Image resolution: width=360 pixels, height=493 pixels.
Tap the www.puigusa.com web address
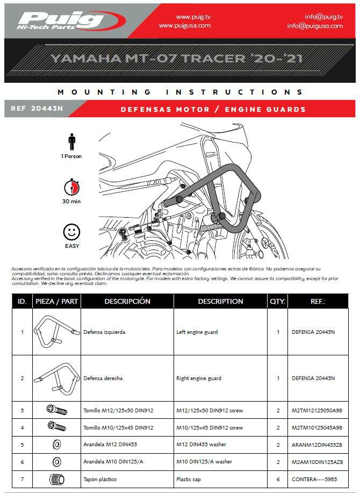pos(185,25)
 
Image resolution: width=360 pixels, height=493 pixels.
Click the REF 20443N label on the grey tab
pos(37,109)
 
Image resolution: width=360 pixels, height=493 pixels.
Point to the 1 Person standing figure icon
pos(71,142)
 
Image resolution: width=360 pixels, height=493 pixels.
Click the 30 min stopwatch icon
pos(71,188)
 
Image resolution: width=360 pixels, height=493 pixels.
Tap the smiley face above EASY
pos(71,232)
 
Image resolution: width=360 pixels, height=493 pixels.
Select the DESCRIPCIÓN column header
pos(127,301)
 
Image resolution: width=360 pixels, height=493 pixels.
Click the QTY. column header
pos(277,301)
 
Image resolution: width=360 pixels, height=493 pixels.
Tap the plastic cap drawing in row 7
pos(56,478)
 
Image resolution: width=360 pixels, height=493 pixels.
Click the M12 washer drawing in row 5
pos(56,445)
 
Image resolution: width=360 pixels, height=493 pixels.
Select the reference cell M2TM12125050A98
pos(317,411)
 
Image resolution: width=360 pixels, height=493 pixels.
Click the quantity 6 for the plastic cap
pos(278,479)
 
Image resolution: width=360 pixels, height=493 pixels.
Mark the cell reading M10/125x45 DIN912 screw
pos(210,428)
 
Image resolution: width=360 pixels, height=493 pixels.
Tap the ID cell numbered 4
pos(22,428)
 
